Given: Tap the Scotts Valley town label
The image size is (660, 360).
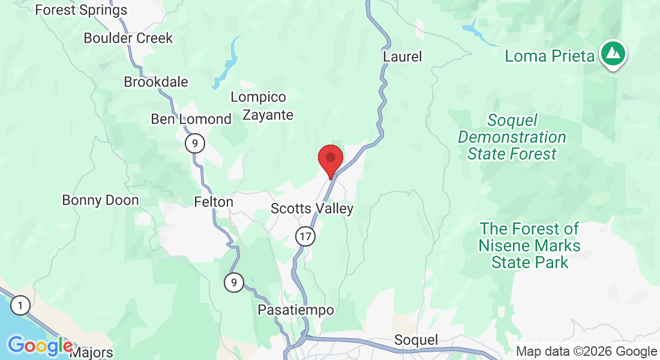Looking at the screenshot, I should pos(312,209).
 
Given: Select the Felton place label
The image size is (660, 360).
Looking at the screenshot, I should pos(214,202).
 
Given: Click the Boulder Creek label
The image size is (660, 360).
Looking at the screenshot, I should pos(128,38).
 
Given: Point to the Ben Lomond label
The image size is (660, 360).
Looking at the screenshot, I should pos(191,119).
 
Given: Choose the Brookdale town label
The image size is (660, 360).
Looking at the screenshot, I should pos(156,82).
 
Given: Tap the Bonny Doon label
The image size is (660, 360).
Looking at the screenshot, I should pos(100,200).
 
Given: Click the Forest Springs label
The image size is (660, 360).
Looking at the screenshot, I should pos(81,10).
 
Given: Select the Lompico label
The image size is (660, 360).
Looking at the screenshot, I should pos(258,97).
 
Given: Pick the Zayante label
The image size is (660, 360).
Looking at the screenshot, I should pos(268,115).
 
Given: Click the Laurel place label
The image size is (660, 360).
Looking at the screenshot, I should pos(402,56).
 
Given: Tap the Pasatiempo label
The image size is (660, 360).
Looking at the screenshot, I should pos(295,310).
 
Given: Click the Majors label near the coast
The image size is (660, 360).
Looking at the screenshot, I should pos(91,352).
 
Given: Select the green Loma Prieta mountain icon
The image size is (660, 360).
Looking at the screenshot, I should pos(613,53).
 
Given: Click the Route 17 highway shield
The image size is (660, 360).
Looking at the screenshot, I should pos(305,236).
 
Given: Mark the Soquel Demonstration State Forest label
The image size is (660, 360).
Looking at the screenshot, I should pos(512,137).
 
